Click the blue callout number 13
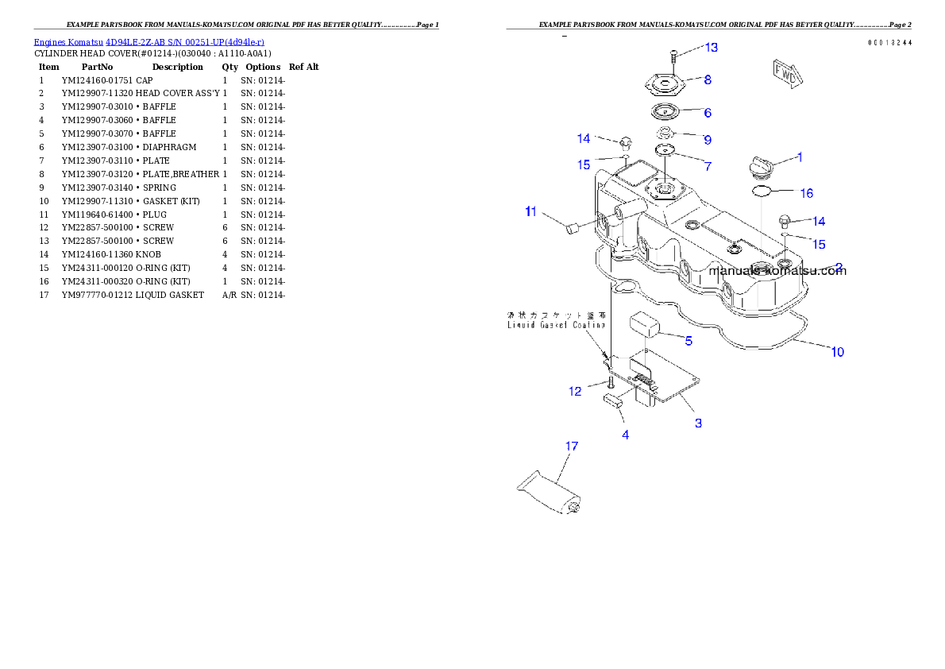[711, 48]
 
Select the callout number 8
[707, 79]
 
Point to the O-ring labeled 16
[762, 191]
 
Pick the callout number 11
[530, 211]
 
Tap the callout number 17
[572, 447]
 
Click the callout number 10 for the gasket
[837, 352]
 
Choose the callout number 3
[698, 423]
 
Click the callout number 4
[625, 435]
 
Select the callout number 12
[575, 391]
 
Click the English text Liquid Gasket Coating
[556, 325]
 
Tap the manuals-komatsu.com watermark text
[777, 271]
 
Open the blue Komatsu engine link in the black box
[148, 41]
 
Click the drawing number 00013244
[889, 42]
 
